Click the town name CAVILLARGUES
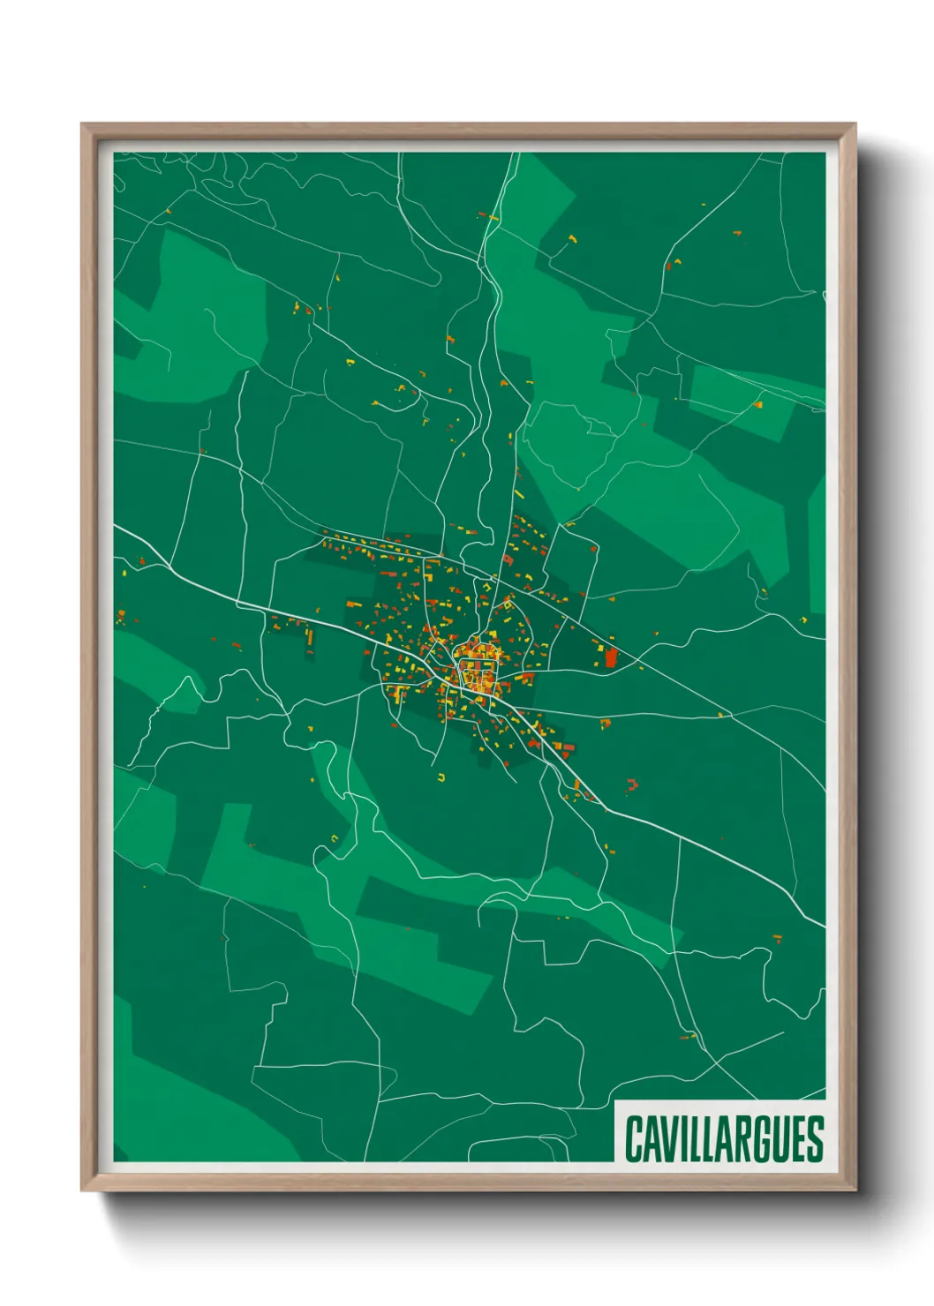724,1138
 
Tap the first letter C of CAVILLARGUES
634,1138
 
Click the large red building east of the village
610,657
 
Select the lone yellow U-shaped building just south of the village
442,777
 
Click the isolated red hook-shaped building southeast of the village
632,784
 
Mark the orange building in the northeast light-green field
757,405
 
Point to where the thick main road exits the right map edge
825,926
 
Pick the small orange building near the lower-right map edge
777,938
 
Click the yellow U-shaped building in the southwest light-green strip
335,837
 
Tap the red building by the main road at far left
141,561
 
